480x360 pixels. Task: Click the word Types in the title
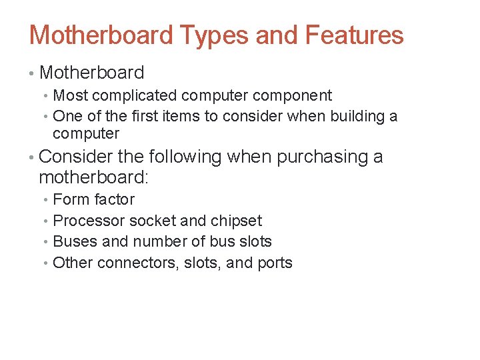click(x=211, y=35)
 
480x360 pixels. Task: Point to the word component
click(x=295, y=96)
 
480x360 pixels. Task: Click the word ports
click(x=274, y=263)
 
